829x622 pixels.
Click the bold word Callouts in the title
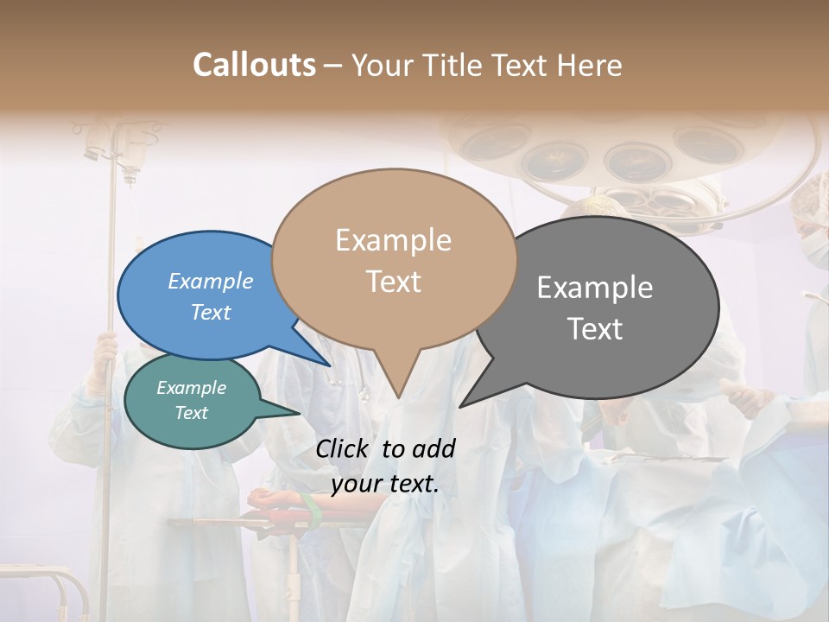coord(254,65)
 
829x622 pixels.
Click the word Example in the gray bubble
coord(595,288)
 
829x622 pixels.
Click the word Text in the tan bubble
coord(394,282)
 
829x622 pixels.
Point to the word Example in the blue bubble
coord(211,282)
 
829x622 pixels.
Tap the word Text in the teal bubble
coord(192,413)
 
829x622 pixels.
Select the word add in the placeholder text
coord(433,448)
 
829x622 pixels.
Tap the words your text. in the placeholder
coord(385,484)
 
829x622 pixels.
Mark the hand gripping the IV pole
coord(105,350)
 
